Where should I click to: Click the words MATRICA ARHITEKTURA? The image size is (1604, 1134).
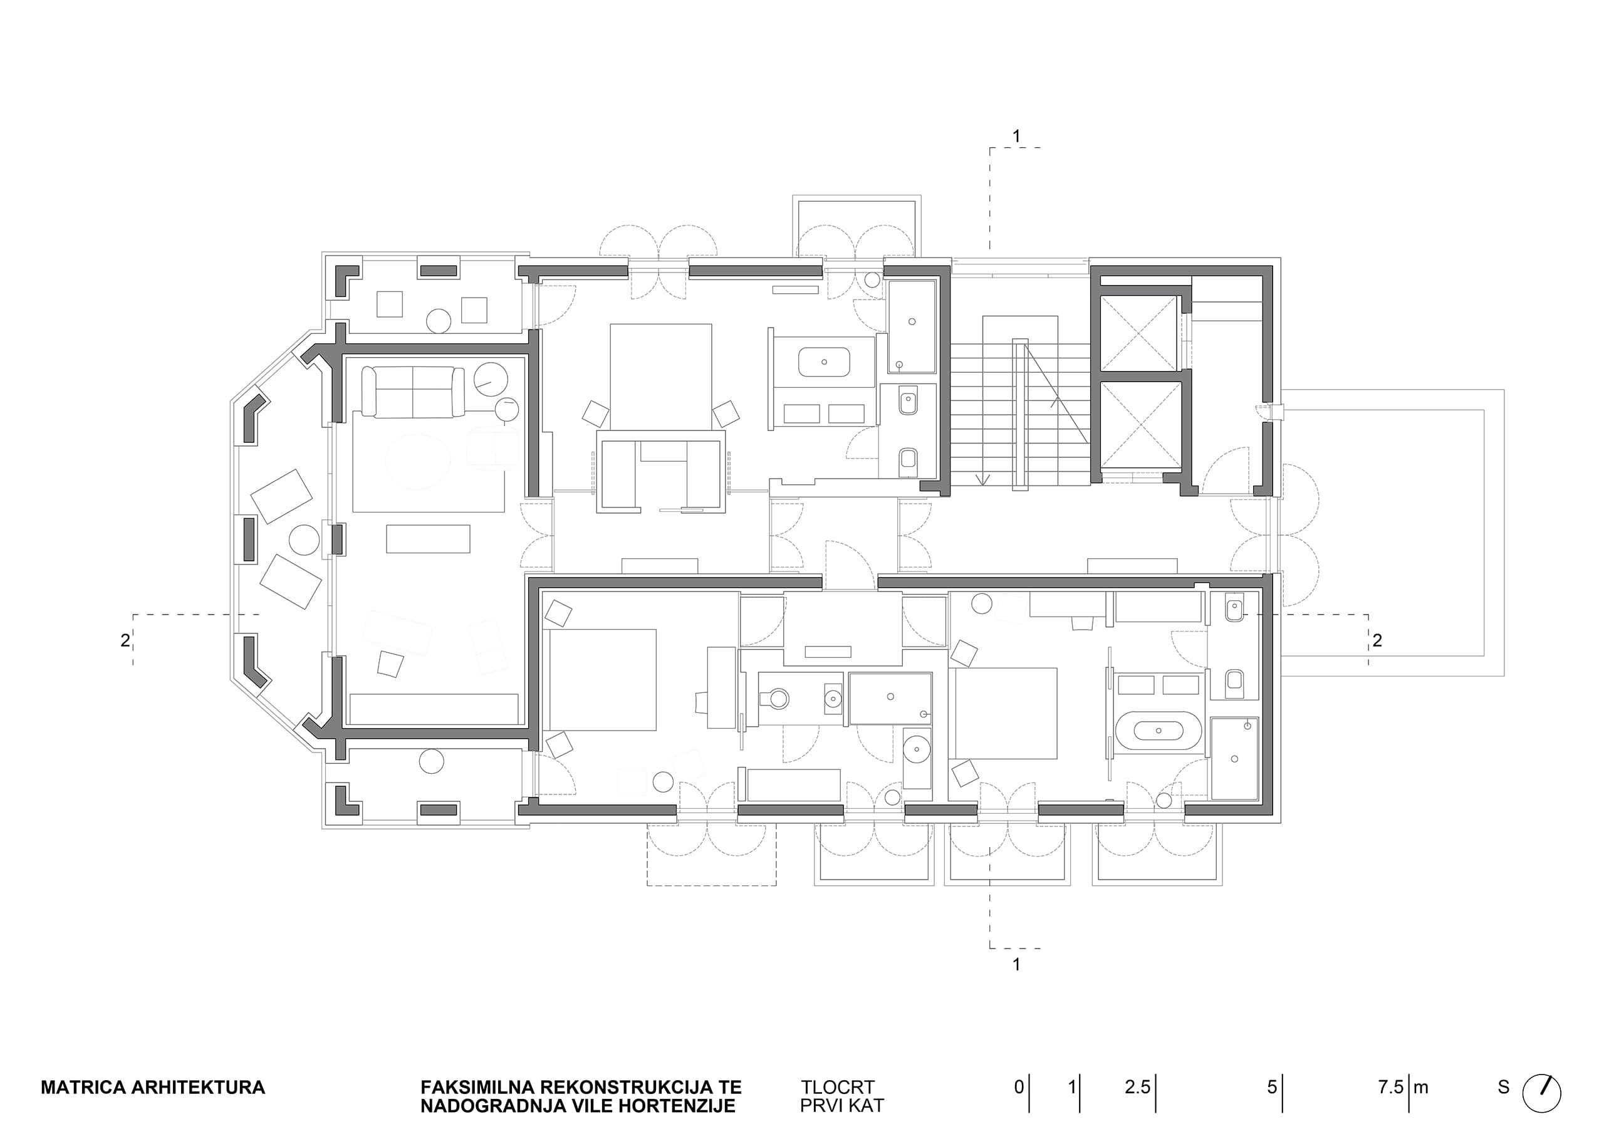(x=153, y=1087)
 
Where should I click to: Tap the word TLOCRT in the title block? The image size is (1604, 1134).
(x=837, y=1087)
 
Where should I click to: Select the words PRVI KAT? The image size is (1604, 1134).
(x=842, y=1106)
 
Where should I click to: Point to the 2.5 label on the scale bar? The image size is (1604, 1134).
(x=1137, y=1087)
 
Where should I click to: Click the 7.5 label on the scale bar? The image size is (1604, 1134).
(x=1391, y=1087)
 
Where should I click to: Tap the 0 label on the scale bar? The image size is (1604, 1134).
(x=1019, y=1087)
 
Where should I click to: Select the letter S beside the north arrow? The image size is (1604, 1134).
(x=1503, y=1087)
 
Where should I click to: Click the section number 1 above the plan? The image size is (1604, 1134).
(x=1016, y=136)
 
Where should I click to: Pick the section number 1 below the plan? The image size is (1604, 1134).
(x=1016, y=964)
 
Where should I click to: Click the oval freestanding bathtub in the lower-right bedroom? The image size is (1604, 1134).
(x=1159, y=731)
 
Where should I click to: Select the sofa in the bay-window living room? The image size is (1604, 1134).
(x=413, y=392)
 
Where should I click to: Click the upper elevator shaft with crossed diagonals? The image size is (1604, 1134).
(x=1140, y=333)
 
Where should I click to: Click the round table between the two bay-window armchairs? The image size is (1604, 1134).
(x=304, y=540)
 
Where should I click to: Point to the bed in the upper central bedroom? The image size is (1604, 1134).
(x=661, y=377)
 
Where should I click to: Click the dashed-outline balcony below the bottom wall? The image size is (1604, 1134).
(x=711, y=854)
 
